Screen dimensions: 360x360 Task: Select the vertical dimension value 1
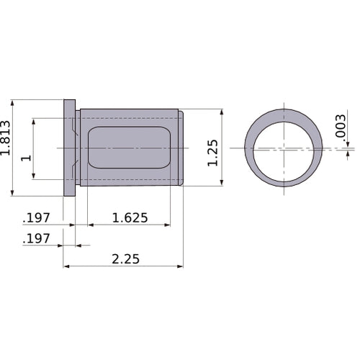[27, 157]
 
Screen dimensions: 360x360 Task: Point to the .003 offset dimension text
[341, 128]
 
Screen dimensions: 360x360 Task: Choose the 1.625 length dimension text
[130, 217]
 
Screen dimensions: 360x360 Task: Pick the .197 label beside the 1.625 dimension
[37, 217]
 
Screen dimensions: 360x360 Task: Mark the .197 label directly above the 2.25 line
[37, 238]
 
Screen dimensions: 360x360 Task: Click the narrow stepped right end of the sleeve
[181, 148]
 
